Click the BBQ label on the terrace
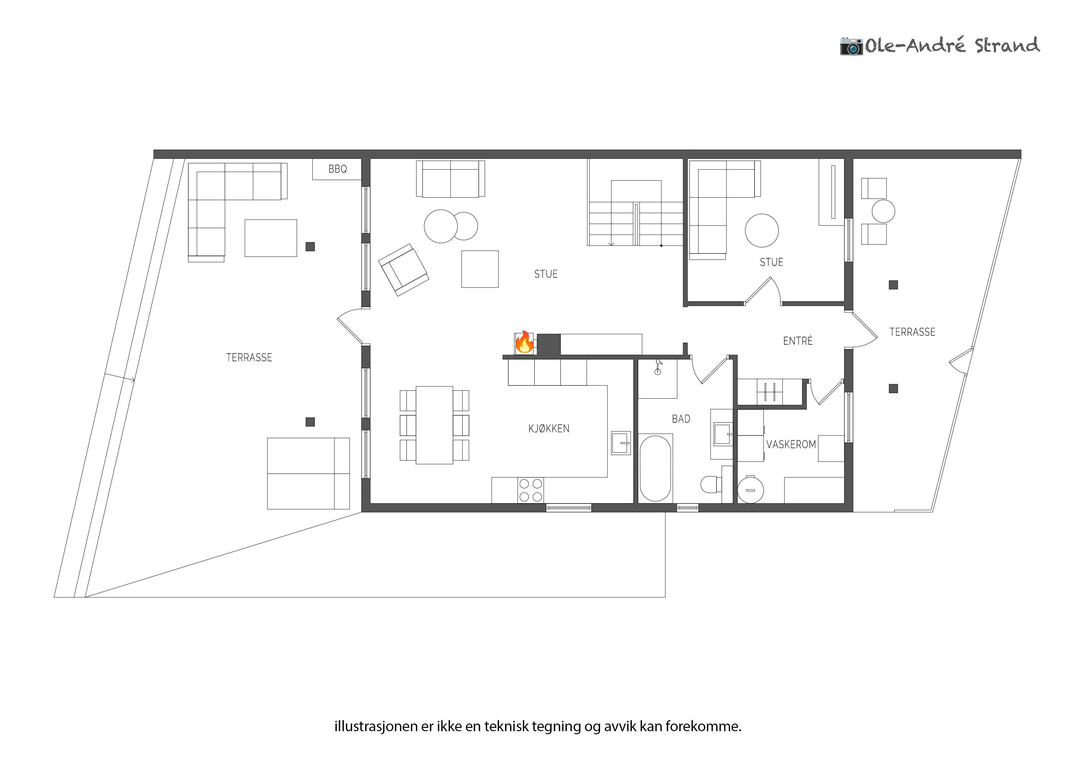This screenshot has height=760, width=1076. pyautogui.click(x=337, y=169)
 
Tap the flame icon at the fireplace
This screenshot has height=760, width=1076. pyautogui.click(x=524, y=342)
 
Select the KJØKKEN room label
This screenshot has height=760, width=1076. pyautogui.click(x=549, y=428)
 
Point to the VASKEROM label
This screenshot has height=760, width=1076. pyautogui.click(x=791, y=444)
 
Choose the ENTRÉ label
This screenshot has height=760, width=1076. pyautogui.click(x=797, y=341)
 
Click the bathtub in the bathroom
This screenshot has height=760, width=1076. pyautogui.click(x=655, y=468)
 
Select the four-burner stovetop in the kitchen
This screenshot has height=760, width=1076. pyautogui.click(x=531, y=490)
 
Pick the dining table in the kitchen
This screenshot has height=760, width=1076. pyautogui.click(x=434, y=425)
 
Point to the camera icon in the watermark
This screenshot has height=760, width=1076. pyautogui.click(x=851, y=46)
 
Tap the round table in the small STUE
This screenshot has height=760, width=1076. pyautogui.click(x=762, y=230)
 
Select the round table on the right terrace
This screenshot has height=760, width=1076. pyautogui.click(x=883, y=211)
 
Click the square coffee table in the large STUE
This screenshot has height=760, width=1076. pyautogui.click(x=480, y=269)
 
